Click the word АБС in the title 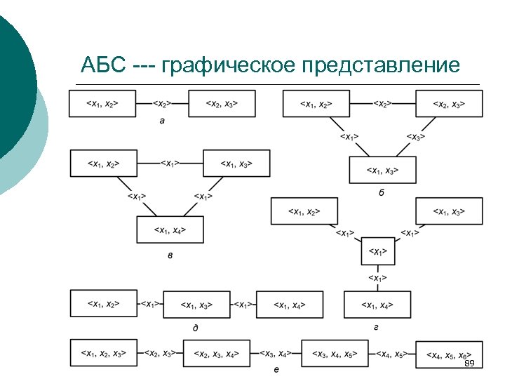tap(102, 66)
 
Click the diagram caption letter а tap(163, 120)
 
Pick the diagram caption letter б tap(382, 192)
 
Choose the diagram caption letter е tap(276, 369)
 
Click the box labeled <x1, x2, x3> tap(103, 353)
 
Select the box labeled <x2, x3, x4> tap(217, 354)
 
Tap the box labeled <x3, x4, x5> tap(335, 354)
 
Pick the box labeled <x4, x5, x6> tap(449, 354)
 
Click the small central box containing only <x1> tap(377, 251)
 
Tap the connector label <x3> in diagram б tap(416, 137)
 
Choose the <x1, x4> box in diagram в tap(170, 230)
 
